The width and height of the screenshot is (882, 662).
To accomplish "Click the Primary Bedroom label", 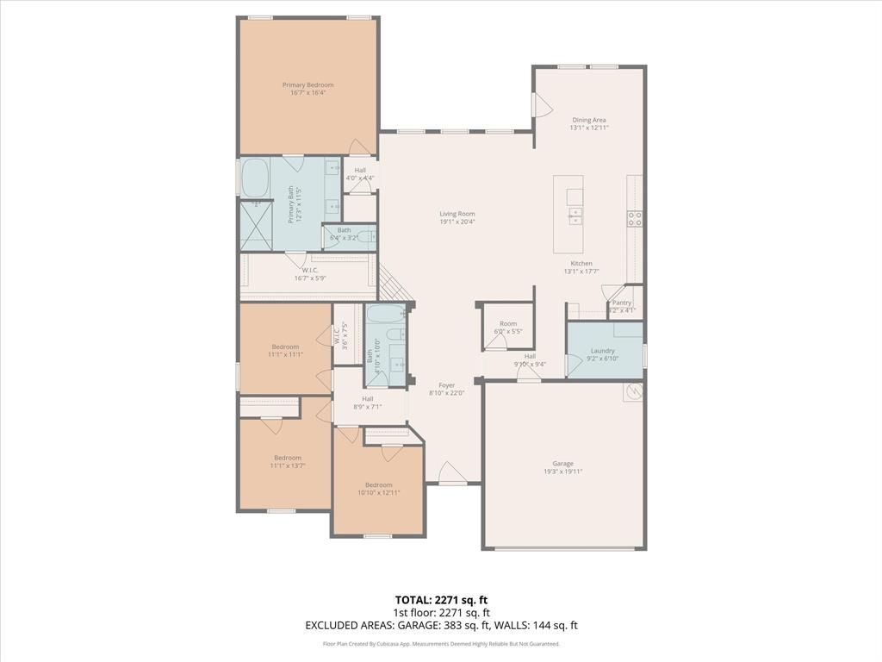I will coord(307,85).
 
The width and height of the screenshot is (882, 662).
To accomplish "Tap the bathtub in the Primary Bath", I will coord(255,179).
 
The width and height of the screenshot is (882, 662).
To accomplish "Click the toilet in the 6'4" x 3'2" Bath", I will coord(365,236).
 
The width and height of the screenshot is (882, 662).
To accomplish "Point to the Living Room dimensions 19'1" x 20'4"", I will coord(457,222).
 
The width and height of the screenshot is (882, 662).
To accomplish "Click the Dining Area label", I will coord(589,120).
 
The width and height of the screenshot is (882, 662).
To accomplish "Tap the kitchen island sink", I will coord(575,215).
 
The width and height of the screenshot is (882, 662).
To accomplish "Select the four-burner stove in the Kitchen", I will coord(635,218).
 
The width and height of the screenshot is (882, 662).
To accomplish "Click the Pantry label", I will coord(622,303).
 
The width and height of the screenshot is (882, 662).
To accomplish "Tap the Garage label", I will coord(563,464).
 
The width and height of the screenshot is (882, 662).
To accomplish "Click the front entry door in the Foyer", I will coord(452,472).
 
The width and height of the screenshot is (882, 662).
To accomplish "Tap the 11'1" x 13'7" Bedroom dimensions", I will coord(288,465).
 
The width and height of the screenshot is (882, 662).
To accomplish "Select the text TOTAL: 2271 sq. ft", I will coord(441,599).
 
